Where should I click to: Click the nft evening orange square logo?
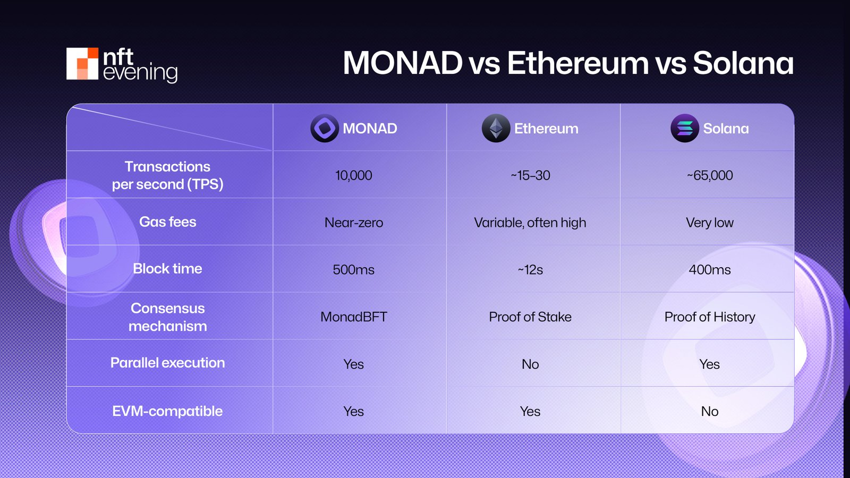(82, 64)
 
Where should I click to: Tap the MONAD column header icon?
(325, 128)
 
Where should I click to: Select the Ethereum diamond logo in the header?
(496, 128)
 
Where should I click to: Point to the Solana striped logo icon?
(685, 128)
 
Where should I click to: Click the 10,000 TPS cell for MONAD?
(353, 175)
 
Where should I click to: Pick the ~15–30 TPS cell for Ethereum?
(530, 175)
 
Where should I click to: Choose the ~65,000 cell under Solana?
(709, 175)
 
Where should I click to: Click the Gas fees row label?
(167, 222)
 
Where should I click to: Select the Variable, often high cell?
(530, 223)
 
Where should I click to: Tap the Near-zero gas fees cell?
(353, 223)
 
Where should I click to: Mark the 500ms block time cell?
(353, 270)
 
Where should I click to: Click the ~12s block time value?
(530, 270)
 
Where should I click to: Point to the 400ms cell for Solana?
(709, 270)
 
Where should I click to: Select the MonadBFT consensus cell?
(353, 317)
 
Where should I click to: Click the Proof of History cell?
(709, 317)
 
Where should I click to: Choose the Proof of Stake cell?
(530, 317)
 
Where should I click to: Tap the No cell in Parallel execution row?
(530, 364)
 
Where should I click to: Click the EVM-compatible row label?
(167, 411)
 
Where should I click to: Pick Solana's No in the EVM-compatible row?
(709, 412)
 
